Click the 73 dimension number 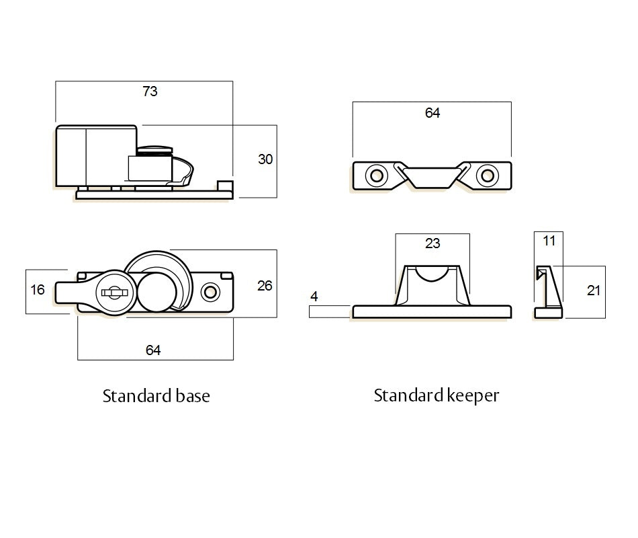[150, 91]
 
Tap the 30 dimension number [265, 159]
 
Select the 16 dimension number [38, 290]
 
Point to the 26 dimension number [265, 286]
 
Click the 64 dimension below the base [153, 350]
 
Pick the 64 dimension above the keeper [432, 113]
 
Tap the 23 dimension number [432, 243]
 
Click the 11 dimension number [549, 241]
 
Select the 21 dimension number [594, 291]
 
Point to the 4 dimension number [314, 297]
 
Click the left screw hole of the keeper [376, 176]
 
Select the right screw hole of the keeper [488, 176]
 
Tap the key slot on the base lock [114, 293]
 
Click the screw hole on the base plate [210, 292]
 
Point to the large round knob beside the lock [157, 293]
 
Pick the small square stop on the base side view [225, 186]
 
